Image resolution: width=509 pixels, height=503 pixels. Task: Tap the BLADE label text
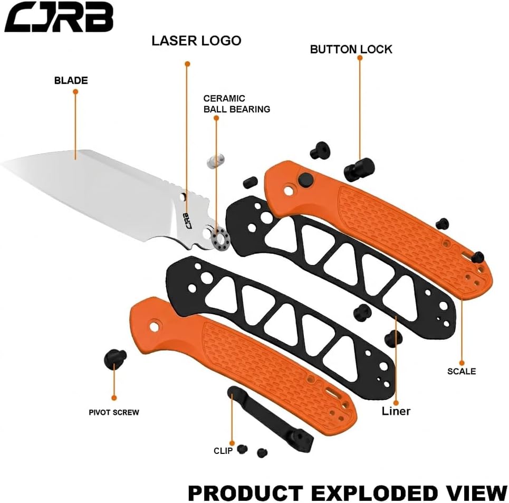coord(71,81)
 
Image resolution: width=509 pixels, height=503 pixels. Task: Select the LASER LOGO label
coord(196,41)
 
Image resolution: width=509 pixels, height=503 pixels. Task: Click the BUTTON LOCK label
coord(351,50)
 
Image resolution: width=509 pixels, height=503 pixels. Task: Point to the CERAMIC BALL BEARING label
coord(236,104)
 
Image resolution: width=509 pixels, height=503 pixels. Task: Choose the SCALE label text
coord(461,371)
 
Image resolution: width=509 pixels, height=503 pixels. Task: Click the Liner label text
coord(396,411)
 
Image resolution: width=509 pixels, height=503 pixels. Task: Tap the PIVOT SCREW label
coord(114,412)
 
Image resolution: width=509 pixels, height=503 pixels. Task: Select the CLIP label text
coord(223,451)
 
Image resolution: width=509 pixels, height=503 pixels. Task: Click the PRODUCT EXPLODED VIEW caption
coord(347,492)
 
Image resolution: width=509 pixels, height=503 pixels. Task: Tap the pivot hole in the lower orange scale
coord(155,326)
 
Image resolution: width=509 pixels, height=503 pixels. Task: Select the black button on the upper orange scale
coord(304,179)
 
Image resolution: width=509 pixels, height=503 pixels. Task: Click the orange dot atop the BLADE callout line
coord(75,92)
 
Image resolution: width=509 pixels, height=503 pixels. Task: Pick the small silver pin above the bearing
coord(215,160)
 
